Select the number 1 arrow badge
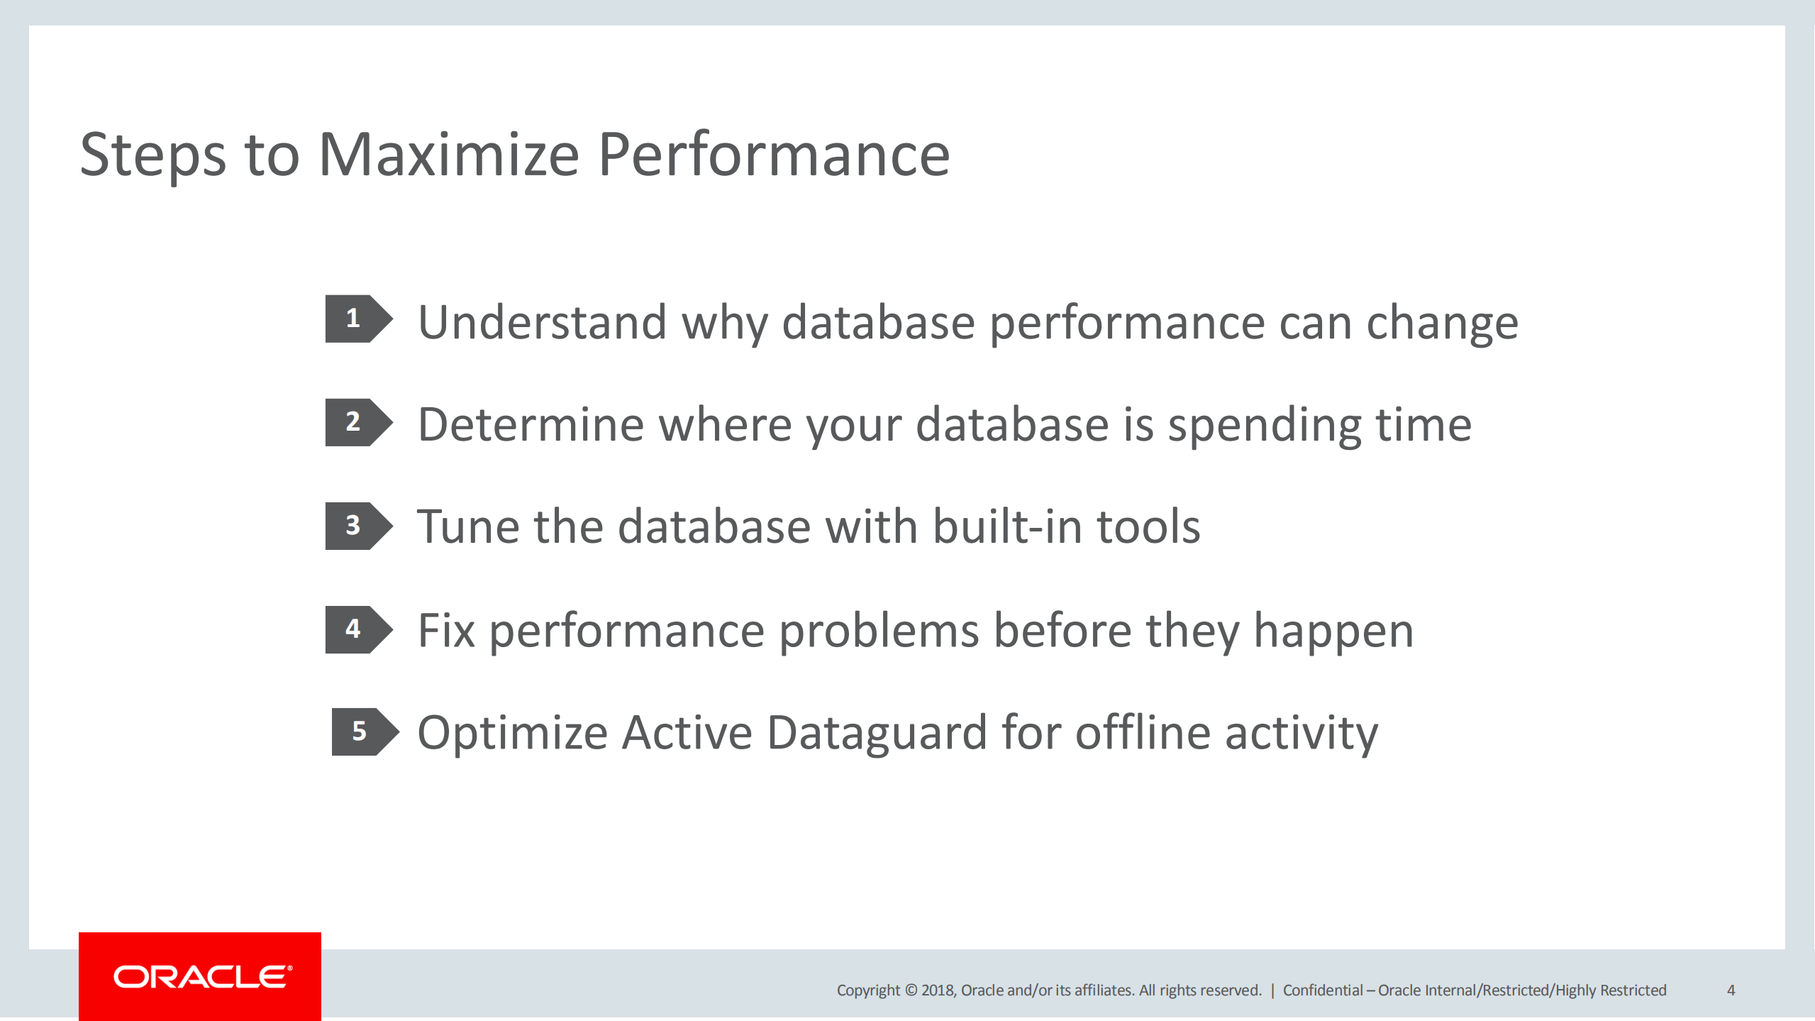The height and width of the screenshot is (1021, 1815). pos(357,319)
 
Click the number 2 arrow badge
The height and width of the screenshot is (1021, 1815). pos(357,422)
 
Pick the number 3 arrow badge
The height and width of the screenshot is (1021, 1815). pos(357,526)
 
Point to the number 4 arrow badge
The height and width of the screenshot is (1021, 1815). pos(357,629)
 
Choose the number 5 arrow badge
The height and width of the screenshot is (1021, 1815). pos(364,732)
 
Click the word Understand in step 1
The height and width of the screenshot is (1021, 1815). pos(542,322)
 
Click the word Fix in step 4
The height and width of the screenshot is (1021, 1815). pos(445,630)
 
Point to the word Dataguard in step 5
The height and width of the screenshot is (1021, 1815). pos(876,733)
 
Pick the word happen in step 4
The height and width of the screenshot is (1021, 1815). pos(1333,631)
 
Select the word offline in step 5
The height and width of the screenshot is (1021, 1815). pos(1142,733)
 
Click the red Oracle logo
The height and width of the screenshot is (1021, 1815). pos(200,977)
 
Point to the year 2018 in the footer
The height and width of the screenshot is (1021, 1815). pos(938,990)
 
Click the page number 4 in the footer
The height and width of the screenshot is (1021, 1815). pos(1731,990)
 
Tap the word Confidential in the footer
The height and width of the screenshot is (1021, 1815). pos(1323,990)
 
